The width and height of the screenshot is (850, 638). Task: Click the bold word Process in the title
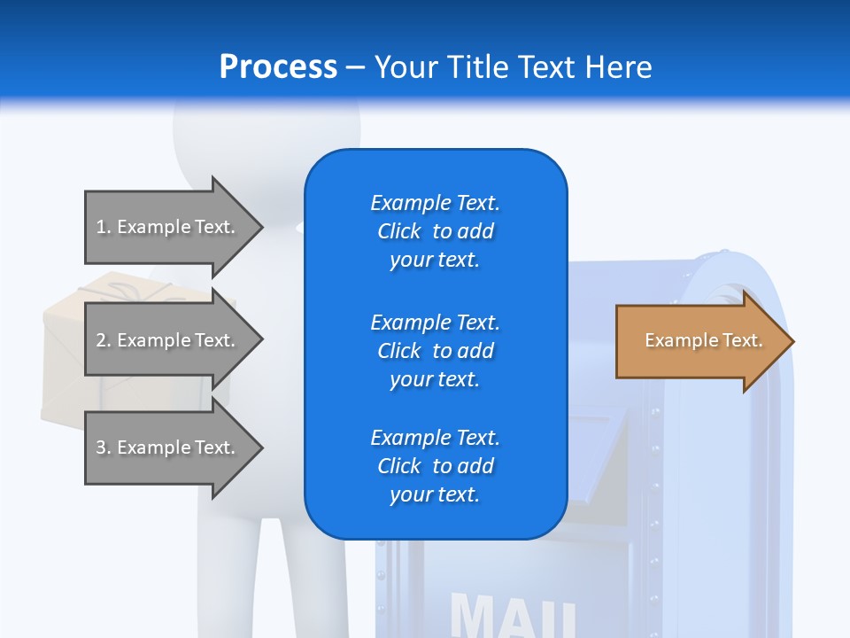(278, 67)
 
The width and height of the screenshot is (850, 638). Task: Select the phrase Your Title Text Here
(513, 67)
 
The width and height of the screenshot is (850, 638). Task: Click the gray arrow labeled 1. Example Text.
(168, 227)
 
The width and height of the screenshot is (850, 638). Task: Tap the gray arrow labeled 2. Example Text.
(168, 340)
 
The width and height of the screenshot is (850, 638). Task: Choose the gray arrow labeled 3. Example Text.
(168, 447)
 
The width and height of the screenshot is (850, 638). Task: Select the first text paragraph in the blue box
(435, 231)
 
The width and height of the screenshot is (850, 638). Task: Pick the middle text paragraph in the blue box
(435, 351)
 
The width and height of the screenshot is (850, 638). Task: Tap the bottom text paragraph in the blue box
(435, 466)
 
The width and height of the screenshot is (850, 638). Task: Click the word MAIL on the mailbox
(514, 616)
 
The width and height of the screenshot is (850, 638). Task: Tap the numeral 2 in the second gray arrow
(100, 340)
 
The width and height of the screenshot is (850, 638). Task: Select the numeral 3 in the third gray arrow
(100, 447)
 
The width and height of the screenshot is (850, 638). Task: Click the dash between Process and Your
(356, 67)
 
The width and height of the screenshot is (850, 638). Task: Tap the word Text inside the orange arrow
(742, 340)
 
